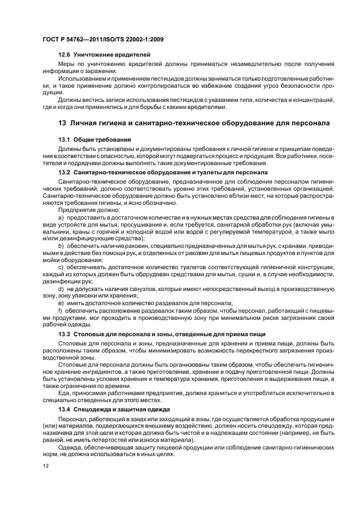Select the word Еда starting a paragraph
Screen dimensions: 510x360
(63, 393)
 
